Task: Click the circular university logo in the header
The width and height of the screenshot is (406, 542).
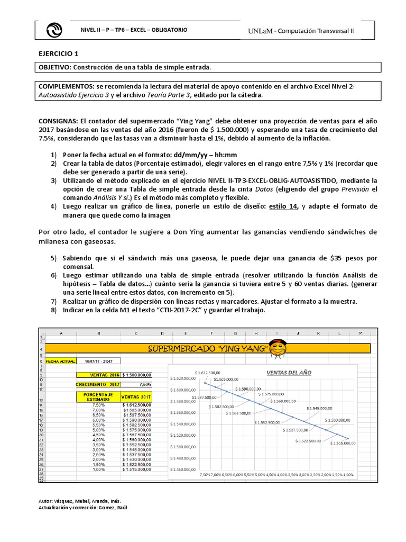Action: tap(55, 31)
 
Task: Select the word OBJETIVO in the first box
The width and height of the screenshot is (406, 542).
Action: tap(54, 67)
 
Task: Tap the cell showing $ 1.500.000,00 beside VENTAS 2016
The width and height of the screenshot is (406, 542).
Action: tap(137, 375)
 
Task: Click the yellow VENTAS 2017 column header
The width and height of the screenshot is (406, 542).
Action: tap(137, 397)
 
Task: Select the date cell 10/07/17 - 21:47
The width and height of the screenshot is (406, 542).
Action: tap(98, 361)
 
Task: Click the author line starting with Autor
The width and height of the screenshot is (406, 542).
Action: tap(80, 501)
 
